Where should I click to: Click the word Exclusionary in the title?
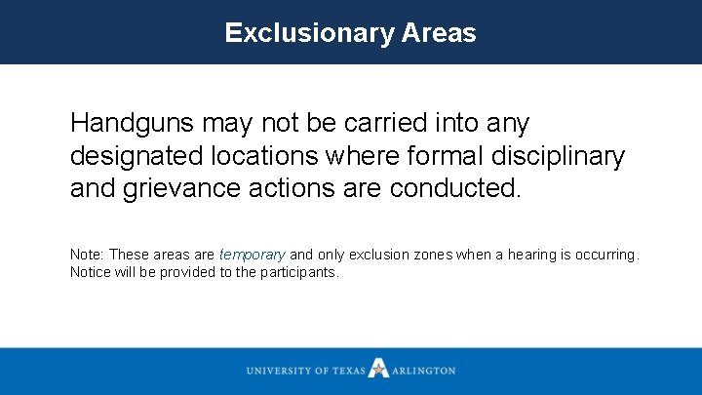click(x=309, y=33)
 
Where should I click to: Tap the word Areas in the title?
click(x=439, y=33)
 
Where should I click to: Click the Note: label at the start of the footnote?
click(x=87, y=255)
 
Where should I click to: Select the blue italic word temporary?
click(x=252, y=255)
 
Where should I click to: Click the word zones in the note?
click(x=430, y=255)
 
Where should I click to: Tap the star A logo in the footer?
click(x=378, y=370)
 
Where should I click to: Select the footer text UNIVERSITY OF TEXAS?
click(x=304, y=371)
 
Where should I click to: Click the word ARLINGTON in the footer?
click(x=423, y=371)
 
